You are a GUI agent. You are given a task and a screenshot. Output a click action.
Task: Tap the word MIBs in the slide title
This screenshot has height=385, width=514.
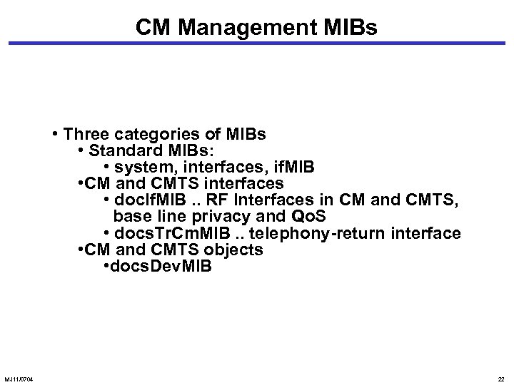click(347, 28)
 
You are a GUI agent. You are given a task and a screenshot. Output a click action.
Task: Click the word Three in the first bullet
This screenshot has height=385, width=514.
click(89, 135)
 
